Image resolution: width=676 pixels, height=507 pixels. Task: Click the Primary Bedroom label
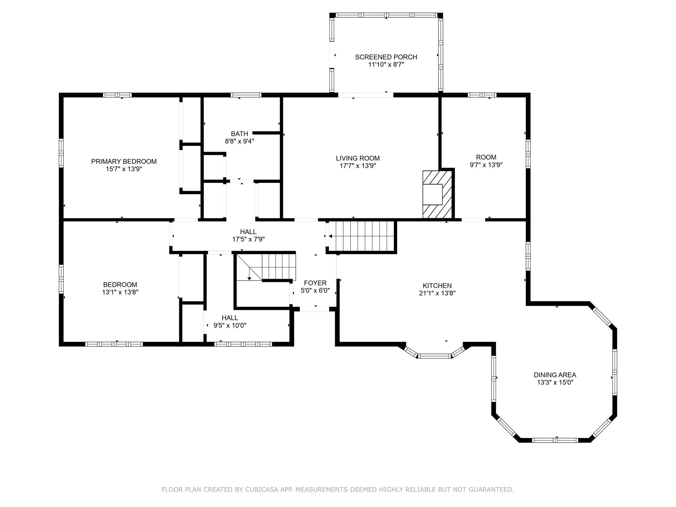pyautogui.click(x=124, y=161)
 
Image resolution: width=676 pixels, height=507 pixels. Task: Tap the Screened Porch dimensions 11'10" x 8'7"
pyautogui.click(x=386, y=65)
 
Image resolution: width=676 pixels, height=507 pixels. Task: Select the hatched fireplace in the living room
pyautogui.click(x=437, y=195)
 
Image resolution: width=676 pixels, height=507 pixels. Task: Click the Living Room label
pyautogui.click(x=358, y=158)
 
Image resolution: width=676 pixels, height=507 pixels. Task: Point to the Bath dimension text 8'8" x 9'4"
pyautogui.click(x=239, y=141)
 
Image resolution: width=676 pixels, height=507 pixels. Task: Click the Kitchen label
pyautogui.click(x=437, y=286)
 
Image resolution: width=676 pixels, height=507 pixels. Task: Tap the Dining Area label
pyautogui.click(x=555, y=375)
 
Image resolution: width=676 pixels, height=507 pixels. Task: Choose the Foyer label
pyautogui.click(x=315, y=283)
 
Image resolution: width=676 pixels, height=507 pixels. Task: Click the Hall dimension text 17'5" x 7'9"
pyautogui.click(x=248, y=239)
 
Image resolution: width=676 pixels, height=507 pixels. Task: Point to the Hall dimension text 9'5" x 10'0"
pyautogui.click(x=230, y=325)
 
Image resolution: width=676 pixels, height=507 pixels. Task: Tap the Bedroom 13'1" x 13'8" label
pyautogui.click(x=120, y=285)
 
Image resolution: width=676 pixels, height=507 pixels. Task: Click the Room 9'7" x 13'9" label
pyautogui.click(x=486, y=157)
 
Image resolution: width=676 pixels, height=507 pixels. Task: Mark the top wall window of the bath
pyautogui.click(x=246, y=95)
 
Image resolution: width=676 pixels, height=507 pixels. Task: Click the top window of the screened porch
pyautogui.click(x=386, y=15)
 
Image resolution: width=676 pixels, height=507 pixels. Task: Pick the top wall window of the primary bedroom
pyautogui.click(x=117, y=95)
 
